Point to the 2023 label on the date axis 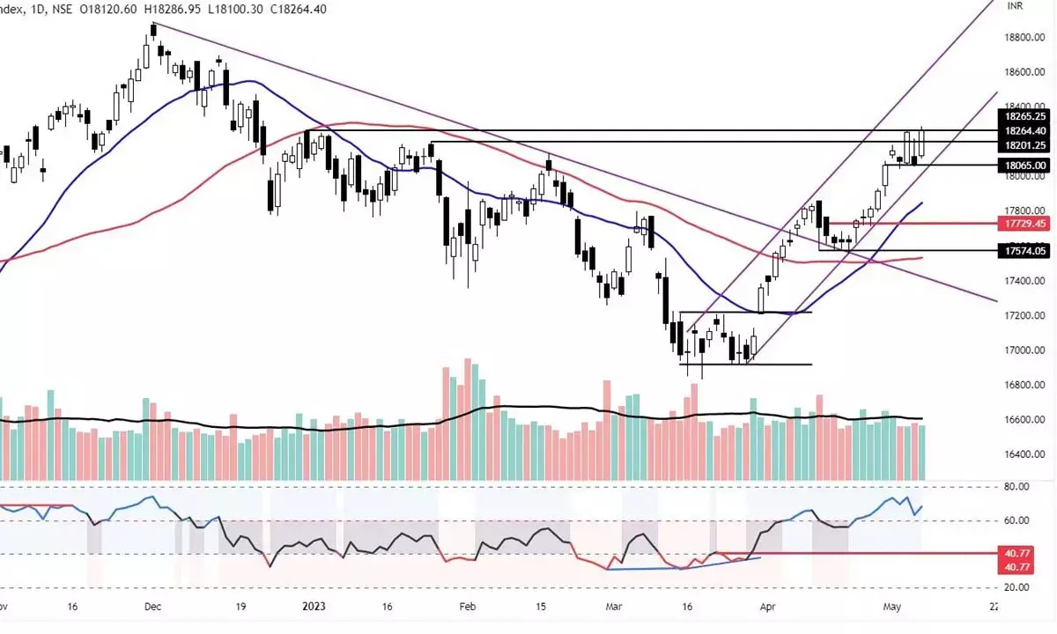(314, 607)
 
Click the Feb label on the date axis (468, 607)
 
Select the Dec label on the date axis (153, 607)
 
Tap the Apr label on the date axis (770, 607)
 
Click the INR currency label (1016, 5)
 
